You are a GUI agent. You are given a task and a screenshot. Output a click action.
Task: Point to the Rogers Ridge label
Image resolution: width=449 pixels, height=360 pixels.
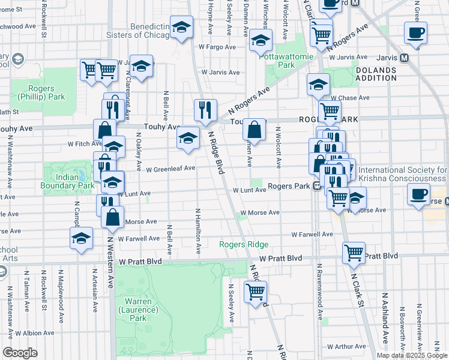[244, 244]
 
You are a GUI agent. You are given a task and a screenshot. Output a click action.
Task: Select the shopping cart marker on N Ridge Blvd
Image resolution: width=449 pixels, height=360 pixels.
[256, 292]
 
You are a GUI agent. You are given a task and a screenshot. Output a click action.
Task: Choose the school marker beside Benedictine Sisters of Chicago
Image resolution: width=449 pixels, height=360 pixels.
[181, 26]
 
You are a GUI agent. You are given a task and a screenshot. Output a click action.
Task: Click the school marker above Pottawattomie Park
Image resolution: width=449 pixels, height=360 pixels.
[261, 41]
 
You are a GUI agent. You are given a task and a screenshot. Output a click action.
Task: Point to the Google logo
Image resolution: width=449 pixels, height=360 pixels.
[20, 353]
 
